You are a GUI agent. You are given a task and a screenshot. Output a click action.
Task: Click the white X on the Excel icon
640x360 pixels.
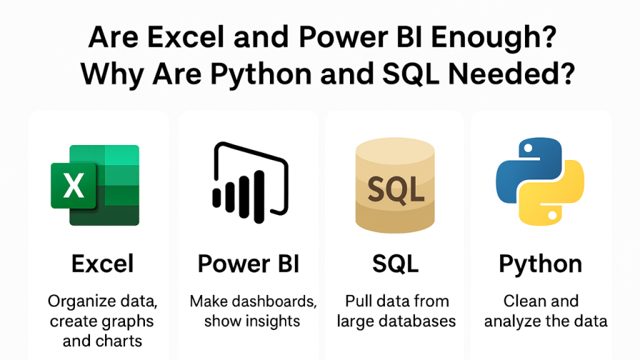click(74, 186)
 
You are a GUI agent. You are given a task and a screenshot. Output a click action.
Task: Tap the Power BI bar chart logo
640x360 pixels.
click(250, 182)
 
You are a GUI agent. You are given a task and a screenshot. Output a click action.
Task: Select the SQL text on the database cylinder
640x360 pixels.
click(395, 190)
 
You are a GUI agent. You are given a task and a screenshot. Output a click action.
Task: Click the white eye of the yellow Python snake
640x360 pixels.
click(552, 215)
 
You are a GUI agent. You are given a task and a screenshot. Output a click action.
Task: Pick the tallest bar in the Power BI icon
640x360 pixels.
click(259, 197)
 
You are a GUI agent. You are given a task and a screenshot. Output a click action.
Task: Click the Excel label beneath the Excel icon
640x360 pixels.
click(102, 264)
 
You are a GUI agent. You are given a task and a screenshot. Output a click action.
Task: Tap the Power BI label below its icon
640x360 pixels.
click(249, 264)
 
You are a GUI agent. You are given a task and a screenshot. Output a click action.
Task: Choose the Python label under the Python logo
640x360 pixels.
click(541, 265)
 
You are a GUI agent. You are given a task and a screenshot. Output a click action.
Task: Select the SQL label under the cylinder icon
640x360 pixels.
click(395, 264)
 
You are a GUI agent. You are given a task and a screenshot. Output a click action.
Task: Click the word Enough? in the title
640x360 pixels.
click(494, 37)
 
